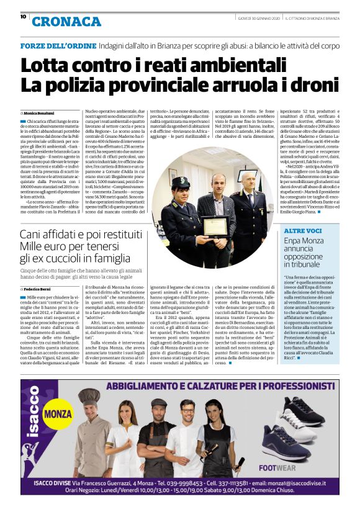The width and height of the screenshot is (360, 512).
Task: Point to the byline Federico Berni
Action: click(x=38, y=289)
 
